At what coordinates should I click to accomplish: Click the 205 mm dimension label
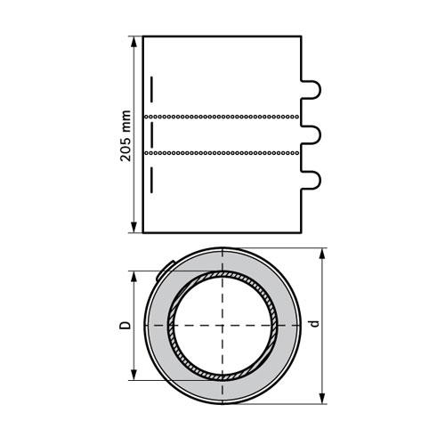click(126, 135)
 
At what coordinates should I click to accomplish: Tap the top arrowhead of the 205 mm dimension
click(134, 40)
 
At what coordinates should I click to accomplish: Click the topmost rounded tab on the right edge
click(313, 89)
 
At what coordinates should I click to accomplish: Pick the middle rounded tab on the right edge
click(313, 135)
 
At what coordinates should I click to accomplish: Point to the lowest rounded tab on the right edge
click(313, 182)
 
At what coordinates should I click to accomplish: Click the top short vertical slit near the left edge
click(151, 90)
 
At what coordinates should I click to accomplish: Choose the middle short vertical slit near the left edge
click(151, 135)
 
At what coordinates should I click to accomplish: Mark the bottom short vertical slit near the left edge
click(151, 181)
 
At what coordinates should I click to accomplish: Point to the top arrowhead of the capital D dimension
click(134, 275)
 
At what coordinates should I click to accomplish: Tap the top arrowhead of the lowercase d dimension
click(323, 253)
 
